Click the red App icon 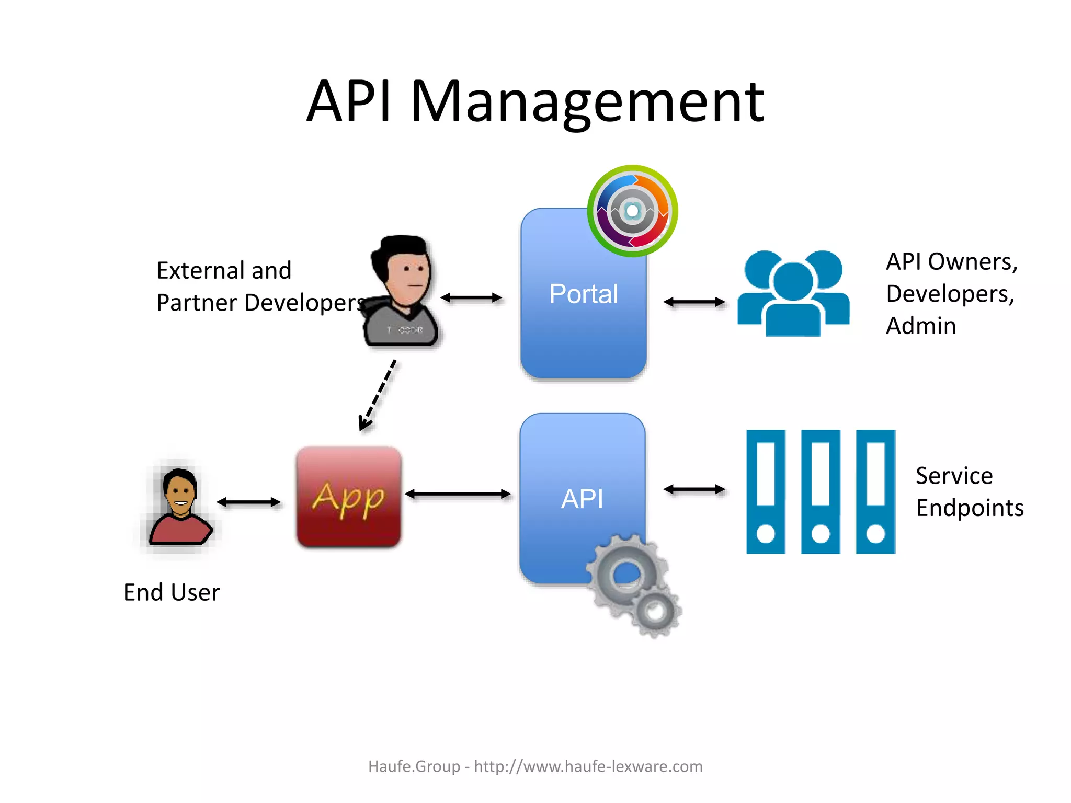pos(349,497)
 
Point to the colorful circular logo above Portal pos(632,211)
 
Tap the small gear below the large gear pos(655,611)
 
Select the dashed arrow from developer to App pos(378,395)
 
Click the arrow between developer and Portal pos(471,298)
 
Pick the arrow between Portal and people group pos(694,302)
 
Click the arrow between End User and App pos(248,502)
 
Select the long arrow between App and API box pos(458,494)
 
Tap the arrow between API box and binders pos(694,489)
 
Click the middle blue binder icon pos(821,491)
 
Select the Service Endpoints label pos(969,491)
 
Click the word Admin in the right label pos(920,326)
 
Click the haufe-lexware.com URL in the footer pos(588,766)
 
